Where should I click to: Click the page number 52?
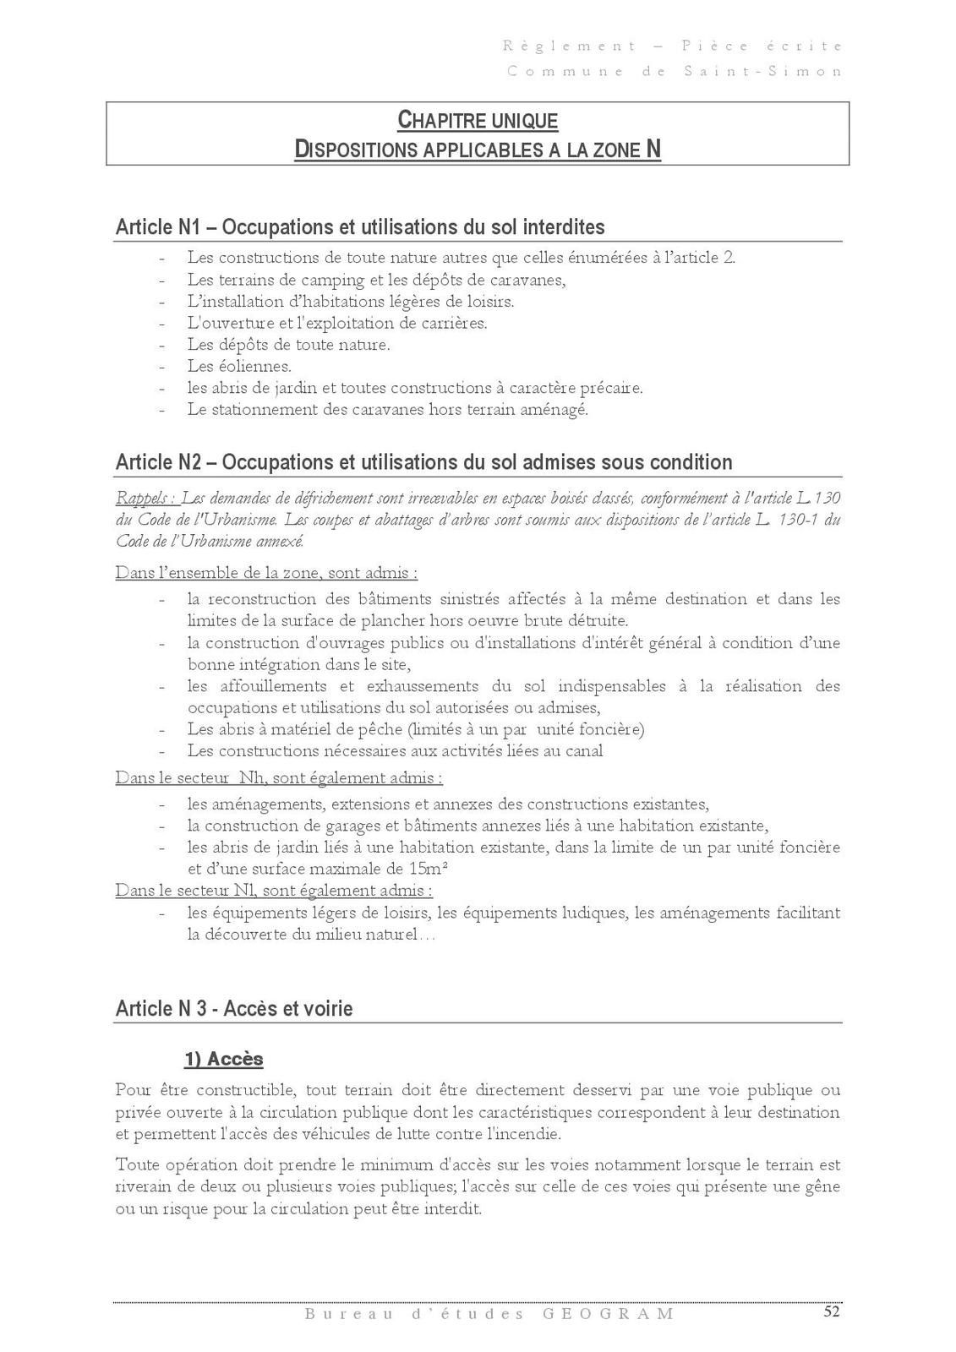point(832,1311)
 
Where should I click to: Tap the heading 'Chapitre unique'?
point(478,121)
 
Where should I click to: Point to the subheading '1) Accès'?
point(224,1059)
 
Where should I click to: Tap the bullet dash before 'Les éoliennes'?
point(161,367)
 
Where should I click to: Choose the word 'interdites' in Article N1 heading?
point(564,227)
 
